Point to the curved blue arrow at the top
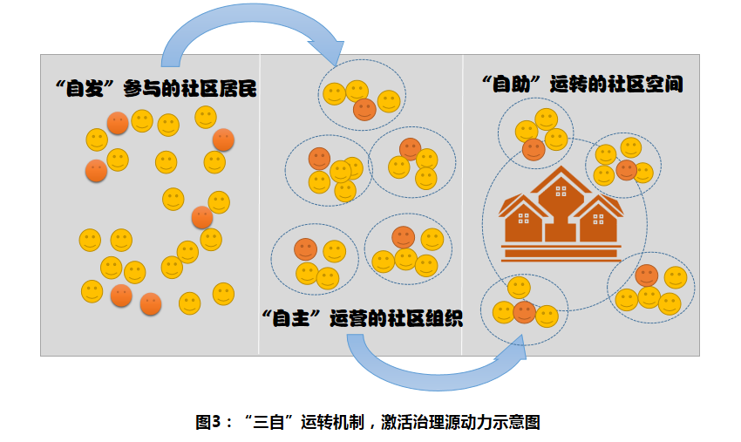[253, 31]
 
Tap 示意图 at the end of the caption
[520, 422]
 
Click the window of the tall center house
[561, 190]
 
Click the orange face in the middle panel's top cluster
[365, 109]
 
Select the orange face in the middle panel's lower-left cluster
[305, 249]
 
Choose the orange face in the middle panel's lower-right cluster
[403, 236]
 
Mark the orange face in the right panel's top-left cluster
[534, 149]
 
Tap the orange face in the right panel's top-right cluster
[626, 170]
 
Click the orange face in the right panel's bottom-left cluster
[524, 311]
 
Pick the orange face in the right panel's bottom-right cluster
[646, 276]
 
